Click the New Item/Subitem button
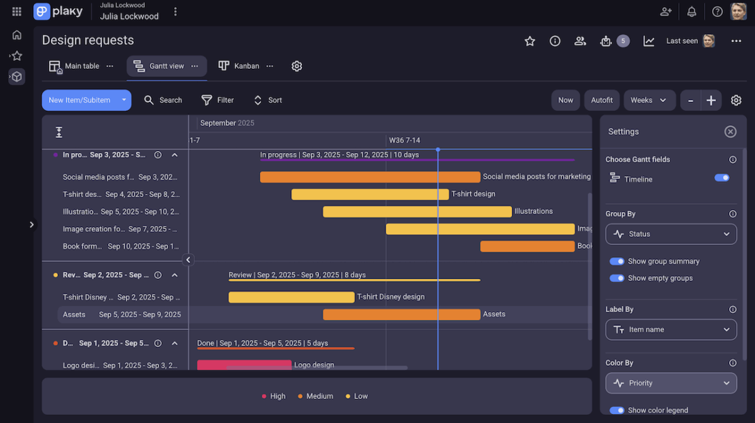click(x=79, y=100)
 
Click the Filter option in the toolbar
click(x=218, y=100)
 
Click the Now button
click(x=565, y=100)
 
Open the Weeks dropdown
click(x=649, y=100)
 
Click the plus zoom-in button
click(x=711, y=100)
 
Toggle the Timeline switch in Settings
click(x=722, y=177)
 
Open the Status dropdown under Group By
click(x=671, y=234)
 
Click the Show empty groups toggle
click(x=617, y=278)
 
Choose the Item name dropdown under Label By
click(x=671, y=330)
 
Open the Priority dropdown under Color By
click(x=671, y=383)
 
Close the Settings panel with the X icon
click(x=730, y=132)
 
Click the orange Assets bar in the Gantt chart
click(x=401, y=314)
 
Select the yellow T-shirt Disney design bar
click(x=291, y=297)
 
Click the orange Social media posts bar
click(x=369, y=177)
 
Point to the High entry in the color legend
click(x=273, y=396)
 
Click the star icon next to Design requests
click(x=530, y=41)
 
